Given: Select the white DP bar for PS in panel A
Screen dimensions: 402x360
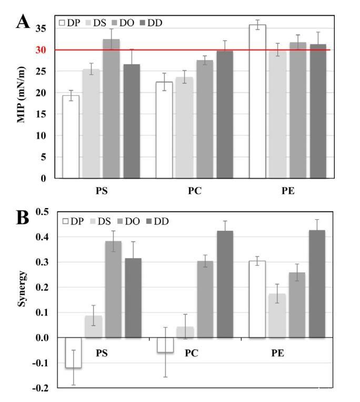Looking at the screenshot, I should [71, 137].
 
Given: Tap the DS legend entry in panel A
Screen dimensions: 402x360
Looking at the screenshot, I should [98, 23].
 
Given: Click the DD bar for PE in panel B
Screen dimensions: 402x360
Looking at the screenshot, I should [317, 283].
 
